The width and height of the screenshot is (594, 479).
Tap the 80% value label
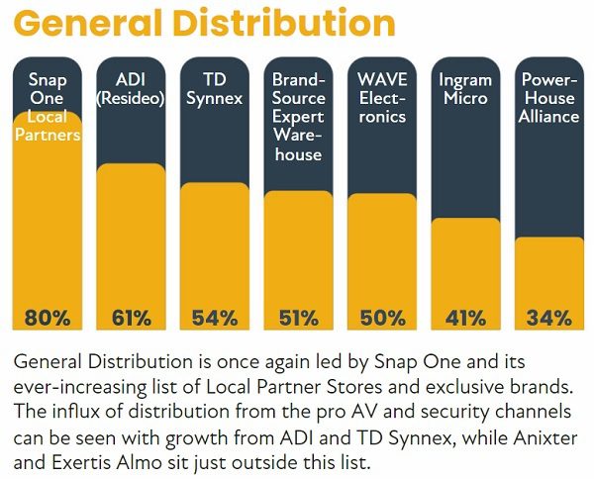click(x=48, y=318)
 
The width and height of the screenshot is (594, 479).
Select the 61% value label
click(x=131, y=318)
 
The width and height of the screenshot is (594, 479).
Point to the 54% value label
click(x=215, y=318)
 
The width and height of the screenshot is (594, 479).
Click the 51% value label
click(x=298, y=318)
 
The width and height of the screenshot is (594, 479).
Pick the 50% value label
click(x=382, y=318)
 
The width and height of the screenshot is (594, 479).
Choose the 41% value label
click(x=465, y=318)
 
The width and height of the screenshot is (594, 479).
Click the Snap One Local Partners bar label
click(x=48, y=107)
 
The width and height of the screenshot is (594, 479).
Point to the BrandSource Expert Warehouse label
click(x=298, y=117)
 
